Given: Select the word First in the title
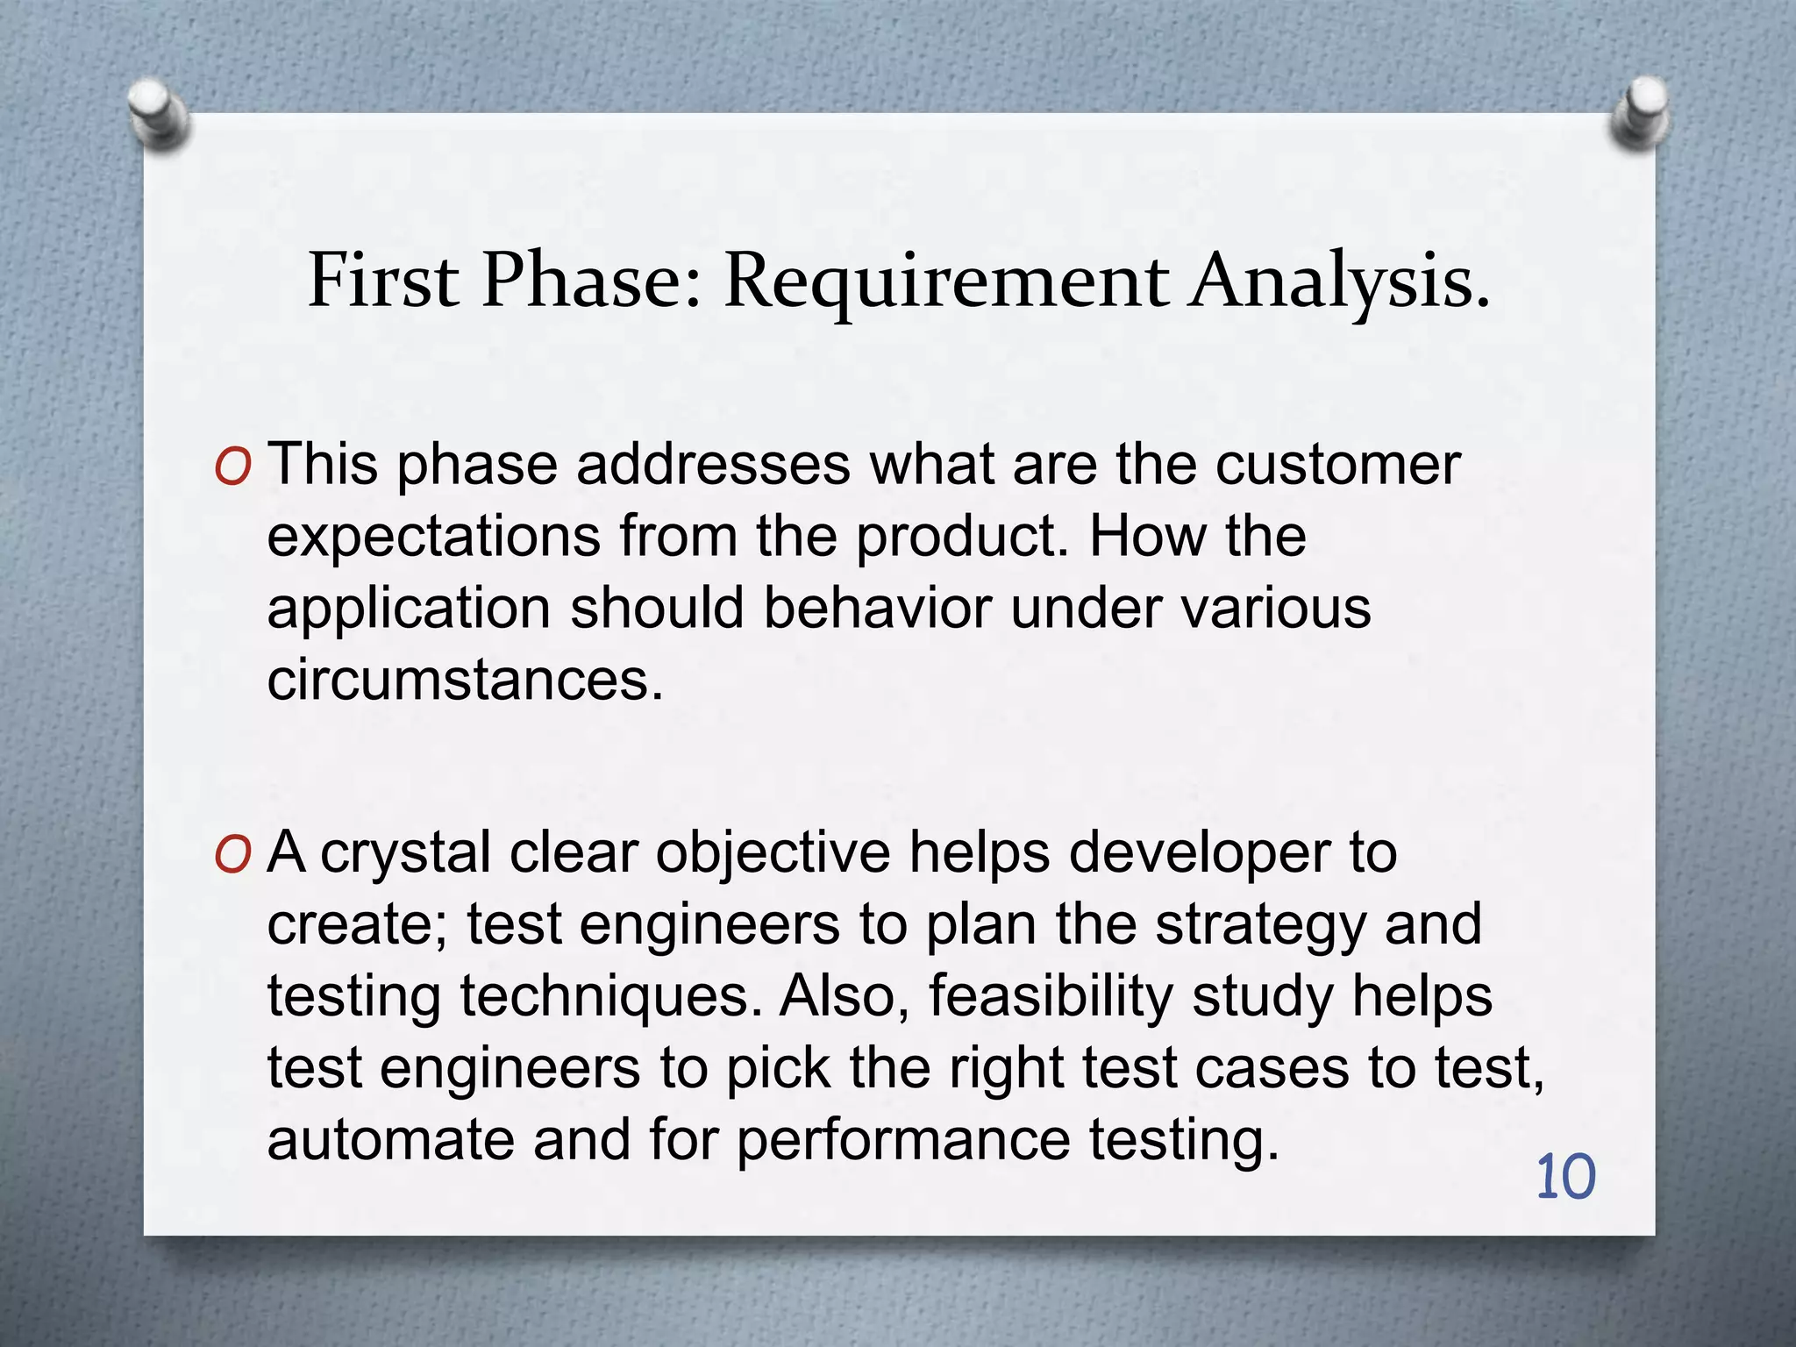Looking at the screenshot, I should tap(383, 281).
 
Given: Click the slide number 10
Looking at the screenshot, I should tap(1565, 1178).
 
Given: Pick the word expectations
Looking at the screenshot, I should tap(433, 537).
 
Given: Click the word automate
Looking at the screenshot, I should tap(390, 1140).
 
